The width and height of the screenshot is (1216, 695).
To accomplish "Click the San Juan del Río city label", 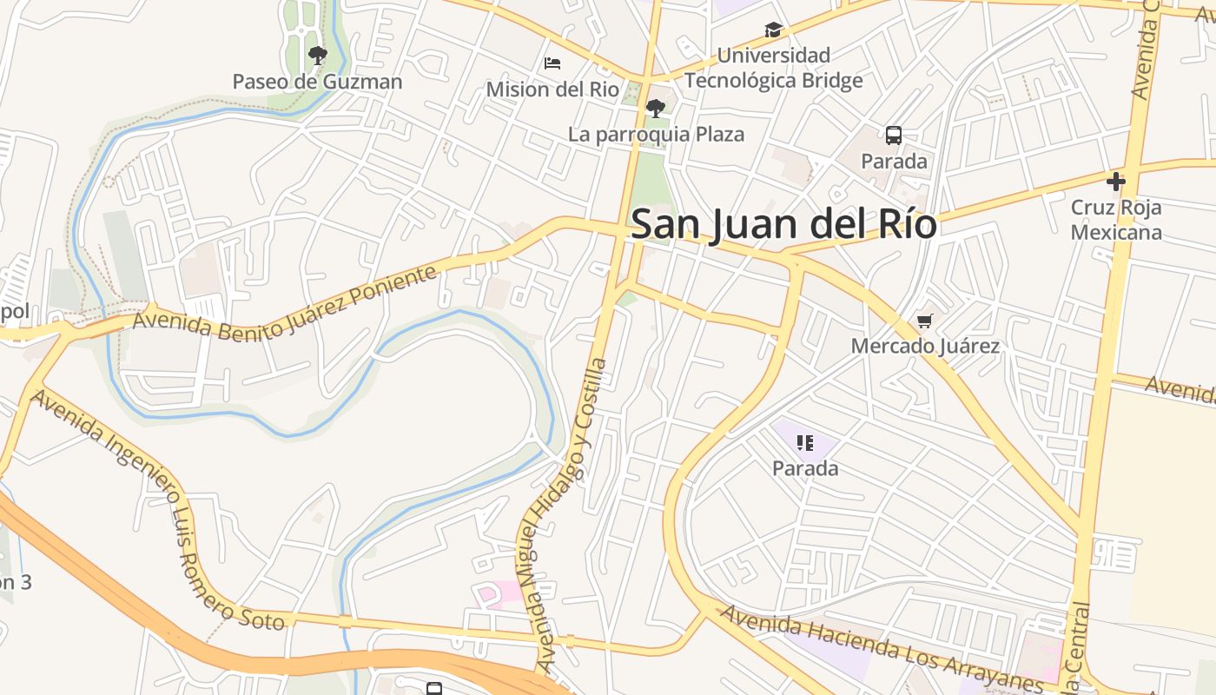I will click(x=783, y=224).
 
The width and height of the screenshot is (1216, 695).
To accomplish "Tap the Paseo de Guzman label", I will click(x=317, y=82).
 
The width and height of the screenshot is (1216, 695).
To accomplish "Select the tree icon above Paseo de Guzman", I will click(x=318, y=56).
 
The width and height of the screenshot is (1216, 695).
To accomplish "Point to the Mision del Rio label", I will click(x=552, y=89).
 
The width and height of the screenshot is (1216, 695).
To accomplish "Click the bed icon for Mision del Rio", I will click(x=552, y=63).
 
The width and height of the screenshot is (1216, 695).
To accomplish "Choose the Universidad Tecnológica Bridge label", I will click(x=773, y=68).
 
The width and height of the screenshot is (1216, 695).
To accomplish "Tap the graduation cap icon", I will click(x=773, y=30).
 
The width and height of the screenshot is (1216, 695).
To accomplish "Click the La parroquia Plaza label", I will click(x=656, y=135).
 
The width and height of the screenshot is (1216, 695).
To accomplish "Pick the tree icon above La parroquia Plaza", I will click(x=656, y=109).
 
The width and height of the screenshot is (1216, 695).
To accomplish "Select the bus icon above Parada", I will click(x=894, y=136).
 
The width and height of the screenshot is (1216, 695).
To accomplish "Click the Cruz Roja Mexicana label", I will click(x=1116, y=220).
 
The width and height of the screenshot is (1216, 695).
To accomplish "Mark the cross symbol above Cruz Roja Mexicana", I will click(x=1116, y=182).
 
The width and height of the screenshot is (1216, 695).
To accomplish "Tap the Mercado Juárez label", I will click(x=925, y=347).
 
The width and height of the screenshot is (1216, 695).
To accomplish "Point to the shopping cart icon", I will click(x=925, y=322).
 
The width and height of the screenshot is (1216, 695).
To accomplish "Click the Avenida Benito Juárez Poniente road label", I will click(x=285, y=303).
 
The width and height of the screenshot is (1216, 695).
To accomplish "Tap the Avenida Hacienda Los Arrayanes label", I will click(x=882, y=647).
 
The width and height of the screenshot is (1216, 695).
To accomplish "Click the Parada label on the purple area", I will click(x=805, y=469).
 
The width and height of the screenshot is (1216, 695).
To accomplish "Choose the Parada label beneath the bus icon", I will click(x=894, y=162).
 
